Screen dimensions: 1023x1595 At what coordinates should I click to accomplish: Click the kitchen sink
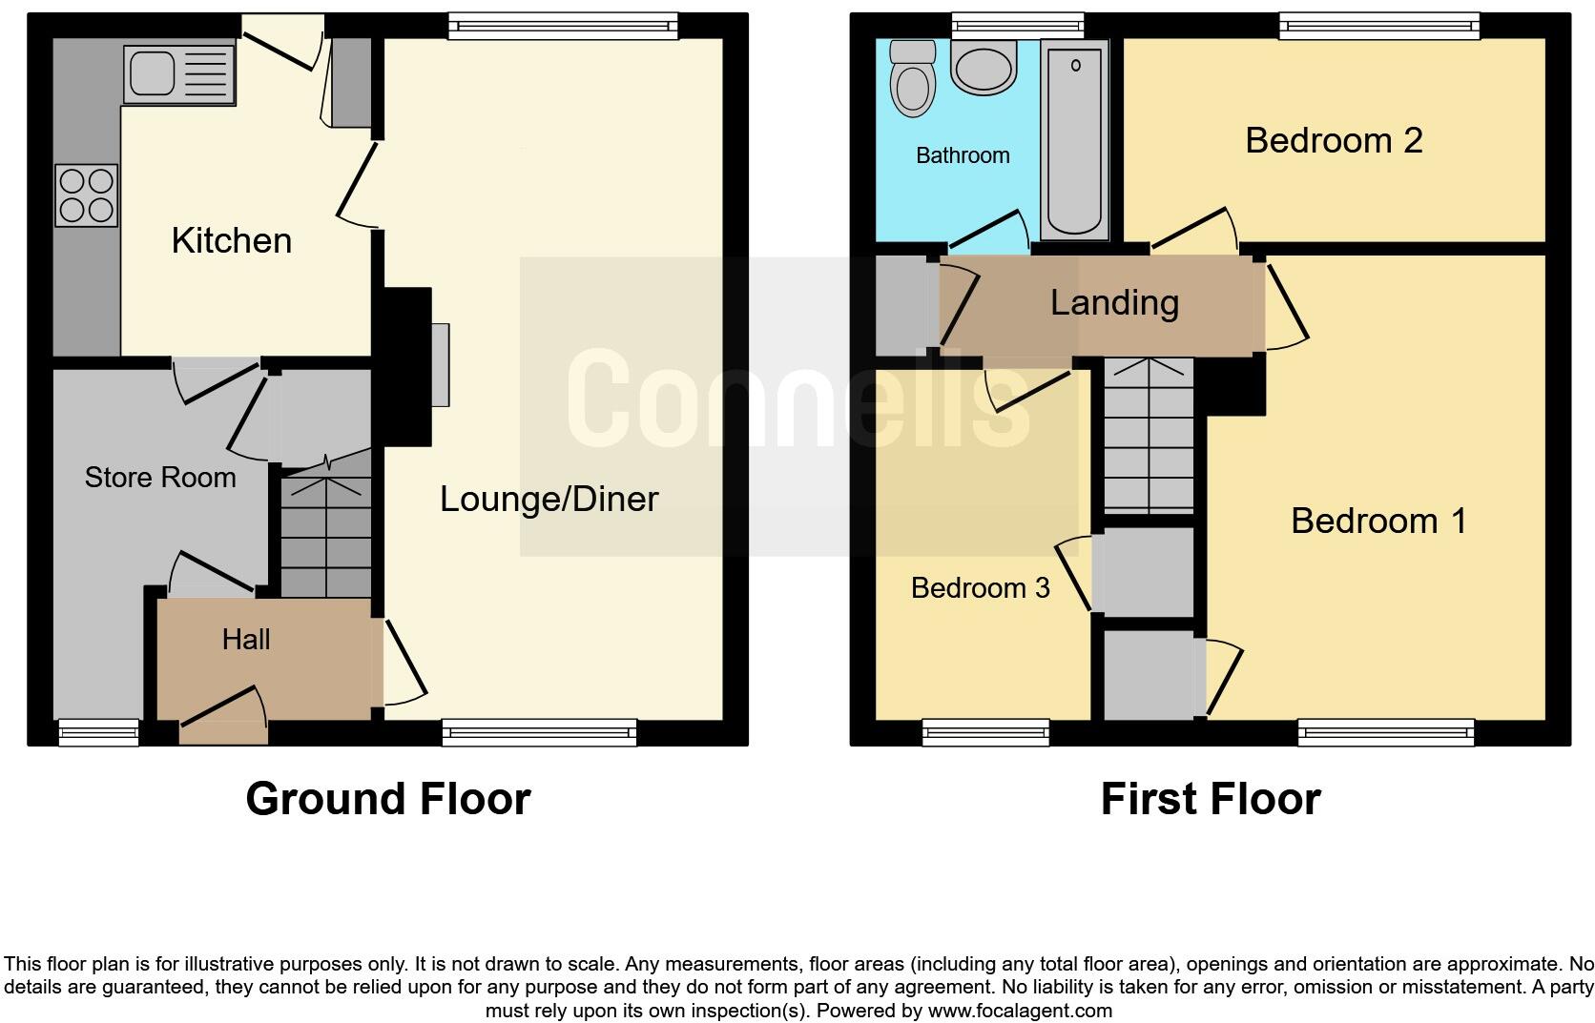coord(178,74)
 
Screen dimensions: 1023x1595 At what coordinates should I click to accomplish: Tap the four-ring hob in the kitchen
coord(87,195)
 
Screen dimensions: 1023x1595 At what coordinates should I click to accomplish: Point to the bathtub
coord(1075,138)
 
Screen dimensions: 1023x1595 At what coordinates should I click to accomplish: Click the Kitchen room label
coord(232,240)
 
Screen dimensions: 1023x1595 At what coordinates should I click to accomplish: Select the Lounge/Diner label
coord(549,499)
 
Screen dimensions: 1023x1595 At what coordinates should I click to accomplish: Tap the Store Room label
coord(160,477)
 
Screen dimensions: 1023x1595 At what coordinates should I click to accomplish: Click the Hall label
coord(246,639)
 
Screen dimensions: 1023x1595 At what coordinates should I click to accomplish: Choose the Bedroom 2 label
coord(1334,140)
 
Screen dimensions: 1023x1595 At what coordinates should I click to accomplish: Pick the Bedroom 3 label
coord(980,587)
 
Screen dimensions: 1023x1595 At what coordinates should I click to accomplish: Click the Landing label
coord(1114,302)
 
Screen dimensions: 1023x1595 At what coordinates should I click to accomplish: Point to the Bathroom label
coord(963,155)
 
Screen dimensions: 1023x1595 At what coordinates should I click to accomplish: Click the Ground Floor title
coord(387,799)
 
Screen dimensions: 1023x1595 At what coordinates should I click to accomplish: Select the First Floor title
coord(1211,799)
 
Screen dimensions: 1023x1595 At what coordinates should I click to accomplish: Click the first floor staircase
coord(1149,439)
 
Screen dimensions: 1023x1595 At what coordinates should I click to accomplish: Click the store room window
coord(98,732)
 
